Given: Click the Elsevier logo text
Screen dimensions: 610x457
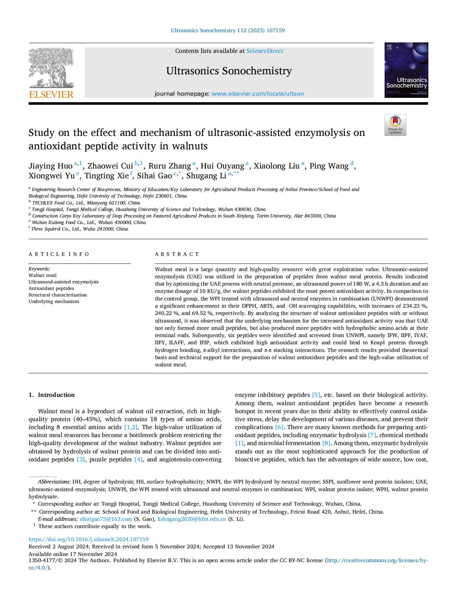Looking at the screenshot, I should (x=51, y=95).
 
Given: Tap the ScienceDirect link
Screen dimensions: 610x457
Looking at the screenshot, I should (x=265, y=51).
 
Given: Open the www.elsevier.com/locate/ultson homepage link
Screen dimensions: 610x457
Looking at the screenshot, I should (x=257, y=94).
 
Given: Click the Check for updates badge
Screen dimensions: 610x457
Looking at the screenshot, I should (x=395, y=125).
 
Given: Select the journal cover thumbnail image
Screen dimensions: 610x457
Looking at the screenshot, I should (x=406, y=70).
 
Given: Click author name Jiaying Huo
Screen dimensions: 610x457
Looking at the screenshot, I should (x=50, y=166).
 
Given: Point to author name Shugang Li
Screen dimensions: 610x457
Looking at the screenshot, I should (x=206, y=176).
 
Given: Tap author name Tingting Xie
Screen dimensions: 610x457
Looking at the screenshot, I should (x=106, y=176).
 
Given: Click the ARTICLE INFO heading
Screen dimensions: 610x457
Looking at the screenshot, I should (x=59, y=254).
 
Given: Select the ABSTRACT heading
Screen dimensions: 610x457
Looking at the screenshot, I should (x=177, y=254).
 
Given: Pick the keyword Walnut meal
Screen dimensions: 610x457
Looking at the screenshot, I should (x=43, y=275).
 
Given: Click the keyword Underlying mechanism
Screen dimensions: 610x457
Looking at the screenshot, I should (x=54, y=301).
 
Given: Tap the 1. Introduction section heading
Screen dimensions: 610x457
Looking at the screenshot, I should (x=51, y=395).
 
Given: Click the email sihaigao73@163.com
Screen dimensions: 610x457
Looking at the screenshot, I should (x=106, y=519).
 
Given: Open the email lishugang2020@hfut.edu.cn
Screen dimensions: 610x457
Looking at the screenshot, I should (x=192, y=519).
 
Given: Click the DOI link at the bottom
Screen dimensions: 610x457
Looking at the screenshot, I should (x=88, y=539).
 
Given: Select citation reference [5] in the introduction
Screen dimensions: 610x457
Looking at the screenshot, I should (x=316, y=395).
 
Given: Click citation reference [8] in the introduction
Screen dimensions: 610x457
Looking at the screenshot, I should (x=326, y=443).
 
